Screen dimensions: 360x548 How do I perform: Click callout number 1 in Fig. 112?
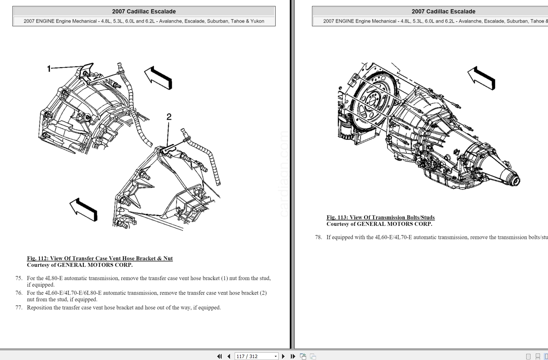tap(49, 69)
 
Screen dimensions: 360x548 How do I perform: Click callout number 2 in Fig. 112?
tap(169, 117)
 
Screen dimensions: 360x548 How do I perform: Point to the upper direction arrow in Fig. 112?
tap(158, 78)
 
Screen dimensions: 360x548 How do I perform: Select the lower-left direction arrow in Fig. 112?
tap(84, 209)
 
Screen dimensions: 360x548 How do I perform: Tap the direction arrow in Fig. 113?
tap(482, 78)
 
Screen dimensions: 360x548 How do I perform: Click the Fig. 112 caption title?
tap(100, 258)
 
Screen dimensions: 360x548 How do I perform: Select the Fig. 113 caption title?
tap(380, 217)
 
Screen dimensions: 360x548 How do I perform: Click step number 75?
tap(19, 278)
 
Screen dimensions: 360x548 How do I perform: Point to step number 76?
tap(19, 293)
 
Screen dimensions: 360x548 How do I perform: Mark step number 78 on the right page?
tap(318, 237)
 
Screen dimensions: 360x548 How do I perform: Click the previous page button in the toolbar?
tap(229, 356)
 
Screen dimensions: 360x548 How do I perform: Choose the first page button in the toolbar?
tap(219, 356)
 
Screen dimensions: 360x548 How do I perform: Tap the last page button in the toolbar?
tap(293, 356)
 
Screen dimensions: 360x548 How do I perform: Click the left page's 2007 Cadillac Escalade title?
tap(144, 11)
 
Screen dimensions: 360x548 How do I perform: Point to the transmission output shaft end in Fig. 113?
tap(514, 179)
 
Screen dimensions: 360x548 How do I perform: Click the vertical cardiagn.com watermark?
tap(284, 174)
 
